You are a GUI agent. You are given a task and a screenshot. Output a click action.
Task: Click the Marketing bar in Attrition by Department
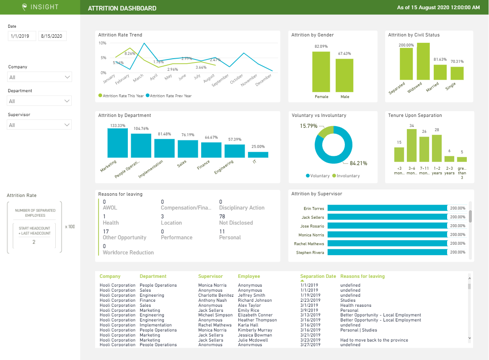117,142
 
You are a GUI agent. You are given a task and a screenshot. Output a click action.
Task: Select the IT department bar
261,154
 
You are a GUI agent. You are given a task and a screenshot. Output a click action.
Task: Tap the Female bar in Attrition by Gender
321,72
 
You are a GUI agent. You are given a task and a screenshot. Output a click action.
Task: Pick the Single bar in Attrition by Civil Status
457,73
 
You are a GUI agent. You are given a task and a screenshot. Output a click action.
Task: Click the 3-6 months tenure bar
411,145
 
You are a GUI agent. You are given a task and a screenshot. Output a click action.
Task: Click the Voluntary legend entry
318,176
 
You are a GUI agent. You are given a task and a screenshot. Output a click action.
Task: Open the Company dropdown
40,77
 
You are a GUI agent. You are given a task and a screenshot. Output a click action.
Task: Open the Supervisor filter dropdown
40,125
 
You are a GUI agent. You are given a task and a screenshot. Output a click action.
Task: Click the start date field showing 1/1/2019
22,36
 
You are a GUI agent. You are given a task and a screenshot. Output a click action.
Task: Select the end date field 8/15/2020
52,36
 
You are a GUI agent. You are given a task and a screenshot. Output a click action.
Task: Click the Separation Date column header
318,277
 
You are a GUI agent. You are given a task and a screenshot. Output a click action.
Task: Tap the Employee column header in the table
249,277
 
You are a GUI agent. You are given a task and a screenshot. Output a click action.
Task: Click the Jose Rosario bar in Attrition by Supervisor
387,226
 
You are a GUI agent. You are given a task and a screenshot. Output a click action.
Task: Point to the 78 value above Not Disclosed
222,217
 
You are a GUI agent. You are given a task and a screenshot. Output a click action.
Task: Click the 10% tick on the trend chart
102,43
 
